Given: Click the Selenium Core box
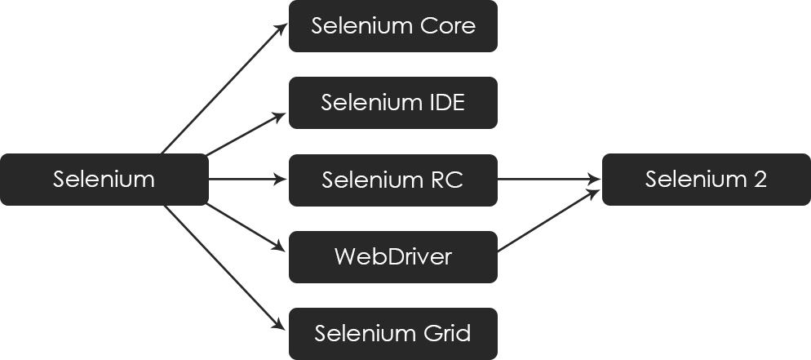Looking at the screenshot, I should coord(392,26).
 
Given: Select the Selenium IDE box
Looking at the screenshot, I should coord(392,103).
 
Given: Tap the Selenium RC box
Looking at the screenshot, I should coord(392,180).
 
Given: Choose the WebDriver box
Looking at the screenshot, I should coord(392,257).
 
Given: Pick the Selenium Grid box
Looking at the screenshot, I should coord(392,334).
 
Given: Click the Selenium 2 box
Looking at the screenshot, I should coord(706,180).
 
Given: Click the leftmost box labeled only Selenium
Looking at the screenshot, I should coord(104,180).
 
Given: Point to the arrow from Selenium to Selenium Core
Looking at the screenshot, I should coord(224,89).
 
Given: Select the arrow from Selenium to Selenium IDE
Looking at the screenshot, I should coord(246,134).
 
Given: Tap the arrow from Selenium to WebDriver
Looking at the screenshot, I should coord(246,226).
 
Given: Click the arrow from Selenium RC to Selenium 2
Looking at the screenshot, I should coord(548,180).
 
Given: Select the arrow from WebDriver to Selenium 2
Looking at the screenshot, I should coord(548,220).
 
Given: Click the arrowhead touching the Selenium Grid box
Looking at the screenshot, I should coord(279,324).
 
